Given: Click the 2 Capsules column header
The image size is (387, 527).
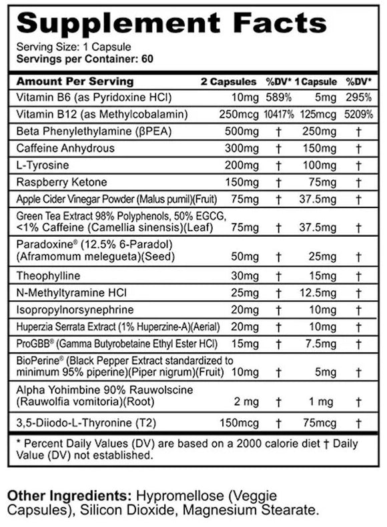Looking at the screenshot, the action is point(228,81).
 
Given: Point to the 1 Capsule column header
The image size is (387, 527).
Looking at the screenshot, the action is point(316,81).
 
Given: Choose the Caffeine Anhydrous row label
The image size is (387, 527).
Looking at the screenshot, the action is point(65,148).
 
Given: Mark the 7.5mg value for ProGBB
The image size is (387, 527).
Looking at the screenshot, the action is point(318,344).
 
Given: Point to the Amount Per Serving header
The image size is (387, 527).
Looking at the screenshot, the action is point(65,81).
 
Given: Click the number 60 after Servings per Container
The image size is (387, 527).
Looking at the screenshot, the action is point(148,59).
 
